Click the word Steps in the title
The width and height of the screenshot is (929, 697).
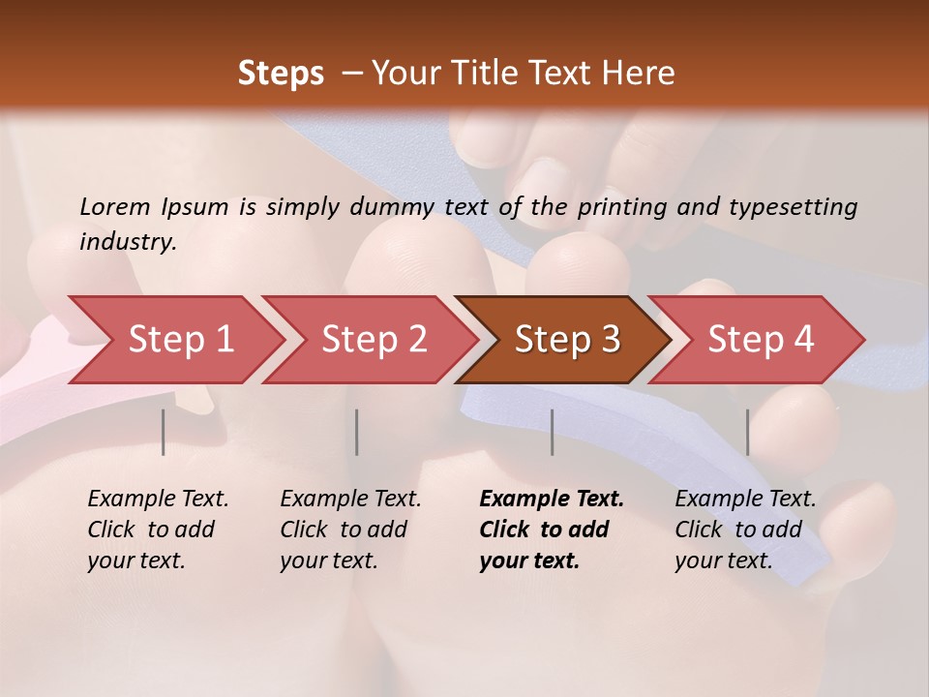[x=281, y=74]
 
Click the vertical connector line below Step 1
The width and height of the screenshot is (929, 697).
[x=164, y=432]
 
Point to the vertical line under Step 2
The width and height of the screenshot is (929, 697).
[x=357, y=432]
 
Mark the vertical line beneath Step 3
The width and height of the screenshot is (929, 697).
[x=553, y=432]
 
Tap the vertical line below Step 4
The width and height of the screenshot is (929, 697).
[x=747, y=432]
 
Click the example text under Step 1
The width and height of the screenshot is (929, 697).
[x=158, y=530]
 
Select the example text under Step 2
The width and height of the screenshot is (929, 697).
[x=350, y=530]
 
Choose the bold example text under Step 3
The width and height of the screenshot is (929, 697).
[x=551, y=530]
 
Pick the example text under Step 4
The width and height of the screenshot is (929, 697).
[x=745, y=530]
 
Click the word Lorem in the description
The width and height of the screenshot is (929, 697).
[x=115, y=206]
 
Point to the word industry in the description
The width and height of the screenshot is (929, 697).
[x=128, y=241]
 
